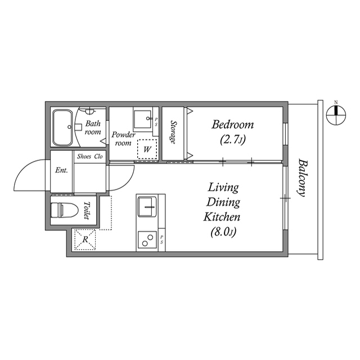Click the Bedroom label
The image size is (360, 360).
click(232, 124)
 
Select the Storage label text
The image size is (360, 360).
click(174, 132)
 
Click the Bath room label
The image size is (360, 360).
click(93, 128)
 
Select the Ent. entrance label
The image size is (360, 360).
click(61, 171)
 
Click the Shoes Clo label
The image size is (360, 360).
click(90, 157)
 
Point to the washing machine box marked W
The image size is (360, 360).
click(147, 150)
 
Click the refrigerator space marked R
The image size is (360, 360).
click(84, 240)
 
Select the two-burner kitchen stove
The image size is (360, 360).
click(148, 240)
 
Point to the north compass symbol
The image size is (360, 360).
click(336, 113)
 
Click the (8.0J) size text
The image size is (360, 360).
click(223, 230)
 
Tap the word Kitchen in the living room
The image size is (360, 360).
click(223, 217)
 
